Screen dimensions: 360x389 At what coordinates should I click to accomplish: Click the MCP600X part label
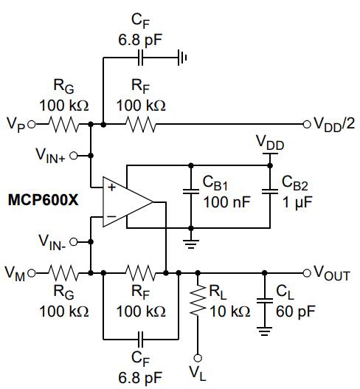(43, 200)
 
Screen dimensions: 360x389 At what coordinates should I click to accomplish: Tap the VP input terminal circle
(32, 124)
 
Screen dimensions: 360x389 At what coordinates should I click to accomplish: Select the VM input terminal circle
(32, 273)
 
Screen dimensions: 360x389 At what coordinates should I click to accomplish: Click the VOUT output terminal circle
(307, 273)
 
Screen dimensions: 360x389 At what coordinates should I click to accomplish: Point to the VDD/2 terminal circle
(307, 124)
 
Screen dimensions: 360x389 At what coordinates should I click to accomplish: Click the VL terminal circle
(198, 358)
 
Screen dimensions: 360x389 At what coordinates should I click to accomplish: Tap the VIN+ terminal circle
(74, 156)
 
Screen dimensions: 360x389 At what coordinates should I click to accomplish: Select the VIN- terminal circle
(74, 242)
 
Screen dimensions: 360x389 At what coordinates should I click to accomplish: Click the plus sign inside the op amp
(111, 187)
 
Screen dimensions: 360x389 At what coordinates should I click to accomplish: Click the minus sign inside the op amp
(111, 216)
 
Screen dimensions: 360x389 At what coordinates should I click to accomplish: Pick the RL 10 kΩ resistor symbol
(198, 300)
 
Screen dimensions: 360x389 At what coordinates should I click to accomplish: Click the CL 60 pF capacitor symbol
(265, 301)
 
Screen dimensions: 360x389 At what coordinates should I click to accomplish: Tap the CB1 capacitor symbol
(191, 191)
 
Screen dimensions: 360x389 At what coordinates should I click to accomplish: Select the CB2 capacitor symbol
(270, 191)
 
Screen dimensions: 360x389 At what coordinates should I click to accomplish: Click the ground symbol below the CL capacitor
(265, 331)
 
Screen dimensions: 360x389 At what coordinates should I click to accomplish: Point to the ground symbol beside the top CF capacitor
(182, 58)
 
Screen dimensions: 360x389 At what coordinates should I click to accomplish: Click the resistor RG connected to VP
(63, 124)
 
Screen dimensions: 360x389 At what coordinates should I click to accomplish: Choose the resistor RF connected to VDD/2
(141, 124)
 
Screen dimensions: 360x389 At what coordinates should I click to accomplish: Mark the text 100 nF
(227, 202)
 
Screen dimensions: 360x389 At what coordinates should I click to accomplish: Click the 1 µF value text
(297, 203)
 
